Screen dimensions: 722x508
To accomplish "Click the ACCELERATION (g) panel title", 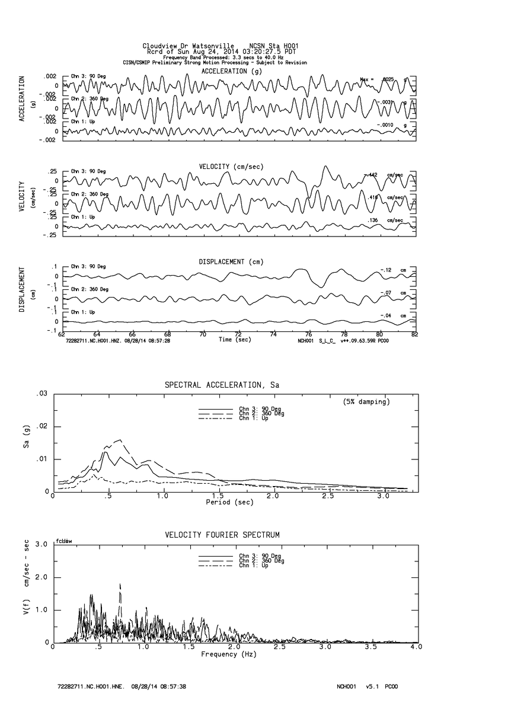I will click(232, 71).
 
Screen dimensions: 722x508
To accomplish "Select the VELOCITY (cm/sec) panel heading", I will click(232, 166).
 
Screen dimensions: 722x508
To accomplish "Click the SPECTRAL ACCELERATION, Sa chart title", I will click(222, 385).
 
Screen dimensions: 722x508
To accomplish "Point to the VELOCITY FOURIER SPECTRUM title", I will click(222, 535).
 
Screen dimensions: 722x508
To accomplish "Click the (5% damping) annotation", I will click(366, 402).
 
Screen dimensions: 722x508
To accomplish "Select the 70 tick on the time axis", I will click(203, 334).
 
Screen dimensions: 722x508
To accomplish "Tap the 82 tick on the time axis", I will click(414, 334).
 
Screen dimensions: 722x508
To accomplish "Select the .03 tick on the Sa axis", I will click(42, 394).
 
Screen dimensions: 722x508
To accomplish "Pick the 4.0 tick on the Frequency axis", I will click(417, 647).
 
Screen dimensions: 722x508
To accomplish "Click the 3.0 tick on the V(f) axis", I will click(42, 544).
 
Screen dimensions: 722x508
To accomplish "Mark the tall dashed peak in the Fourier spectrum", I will click(120, 585).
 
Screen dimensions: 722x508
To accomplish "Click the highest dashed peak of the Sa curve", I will click(121, 440).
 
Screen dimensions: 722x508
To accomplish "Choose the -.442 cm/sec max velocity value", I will click(372, 174).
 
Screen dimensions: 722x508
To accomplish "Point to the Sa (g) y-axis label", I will click(20, 443).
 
